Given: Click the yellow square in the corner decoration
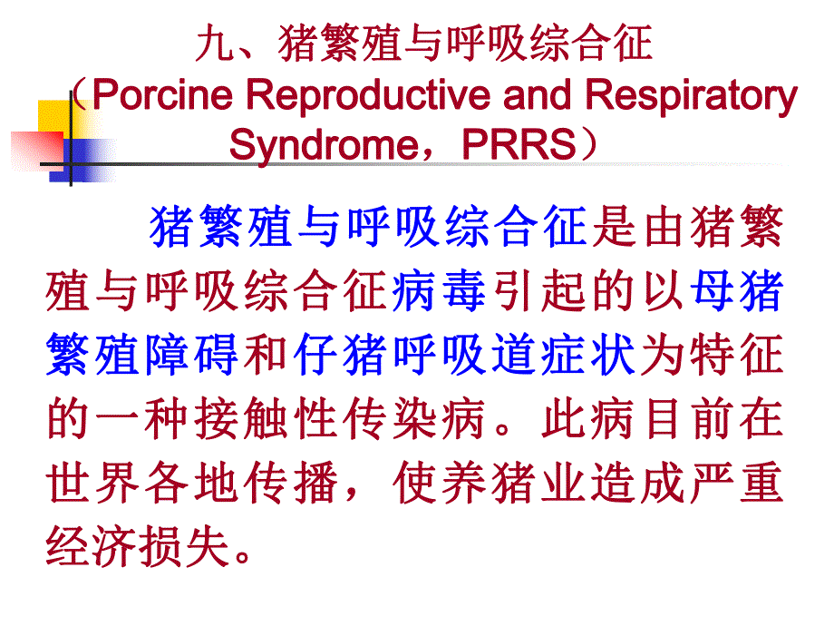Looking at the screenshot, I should [54, 117].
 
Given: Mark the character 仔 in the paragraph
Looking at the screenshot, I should [318, 355].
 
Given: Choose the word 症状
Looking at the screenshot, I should [562, 355].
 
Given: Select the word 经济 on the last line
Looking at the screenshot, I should [95, 547].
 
